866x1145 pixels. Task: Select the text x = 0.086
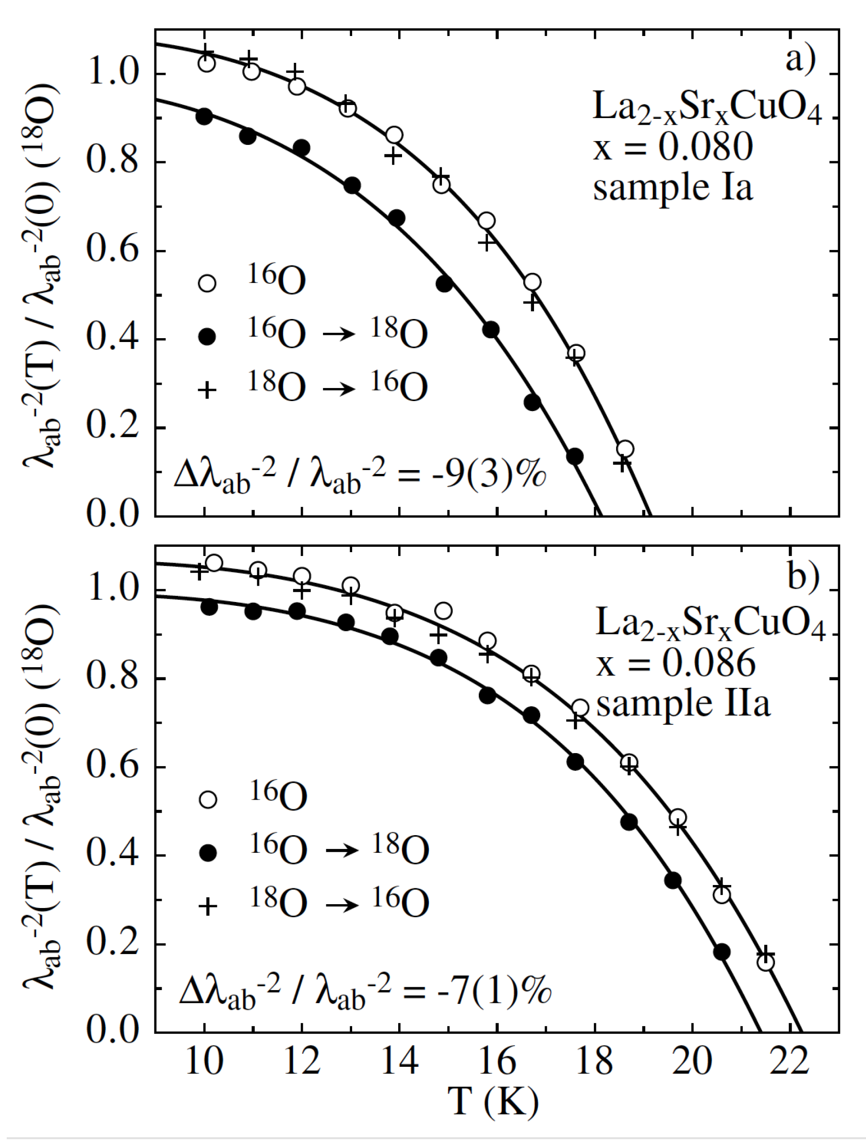coord(675,663)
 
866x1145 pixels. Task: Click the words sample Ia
coord(672,188)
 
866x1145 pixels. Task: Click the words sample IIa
coord(683,704)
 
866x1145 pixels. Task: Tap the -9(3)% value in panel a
coord(488,473)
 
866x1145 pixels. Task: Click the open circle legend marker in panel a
coord(207,283)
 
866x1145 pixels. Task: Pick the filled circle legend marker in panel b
coord(208,852)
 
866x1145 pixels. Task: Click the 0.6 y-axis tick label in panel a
coord(113,250)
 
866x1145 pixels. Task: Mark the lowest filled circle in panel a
coord(575,457)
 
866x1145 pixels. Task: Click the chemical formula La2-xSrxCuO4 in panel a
coord(707,107)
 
